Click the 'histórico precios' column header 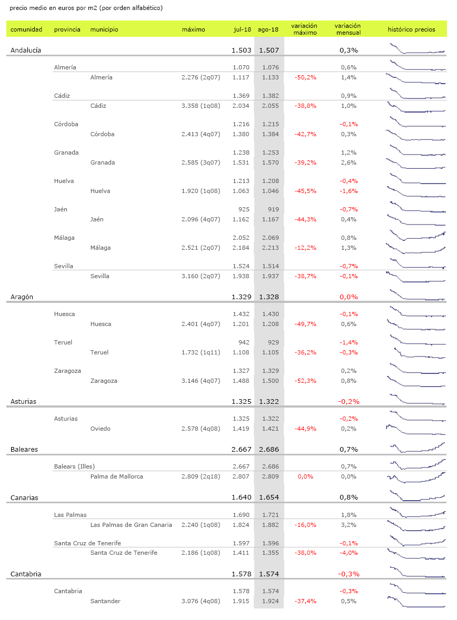(x=411, y=29)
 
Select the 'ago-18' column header (x=268, y=29)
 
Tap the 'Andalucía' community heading (x=26, y=50)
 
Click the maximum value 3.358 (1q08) (x=201, y=106)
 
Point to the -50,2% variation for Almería (x=305, y=77)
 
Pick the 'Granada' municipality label (x=103, y=162)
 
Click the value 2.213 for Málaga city (x=269, y=248)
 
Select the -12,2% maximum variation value (x=305, y=248)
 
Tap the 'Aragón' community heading (x=22, y=297)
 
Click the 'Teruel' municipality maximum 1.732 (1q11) (x=201, y=352)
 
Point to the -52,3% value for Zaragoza (x=305, y=381)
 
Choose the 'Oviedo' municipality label (x=101, y=429)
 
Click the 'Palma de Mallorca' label (x=116, y=476)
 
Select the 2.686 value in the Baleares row (x=269, y=450)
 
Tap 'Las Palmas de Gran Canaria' (x=131, y=525)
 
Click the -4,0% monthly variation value (x=349, y=553)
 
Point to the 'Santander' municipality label (x=105, y=601)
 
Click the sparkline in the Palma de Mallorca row (x=416, y=477)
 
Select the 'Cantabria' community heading (x=26, y=574)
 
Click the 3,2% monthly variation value (x=349, y=525)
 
